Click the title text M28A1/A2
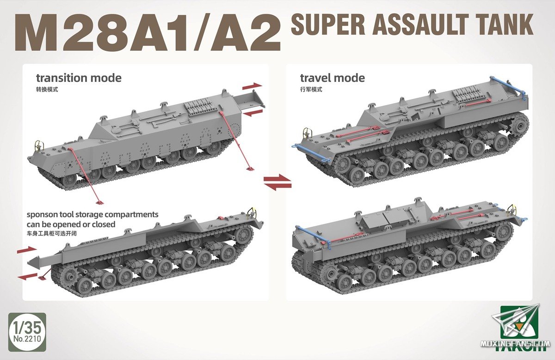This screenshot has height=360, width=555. (147, 34)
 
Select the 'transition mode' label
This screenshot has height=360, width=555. (79, 78)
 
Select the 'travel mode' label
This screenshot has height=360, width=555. (332, 78)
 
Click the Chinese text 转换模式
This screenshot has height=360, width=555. (48, 89)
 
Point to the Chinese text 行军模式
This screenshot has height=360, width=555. (311, 89)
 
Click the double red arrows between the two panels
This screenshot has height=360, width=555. (277, 181)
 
